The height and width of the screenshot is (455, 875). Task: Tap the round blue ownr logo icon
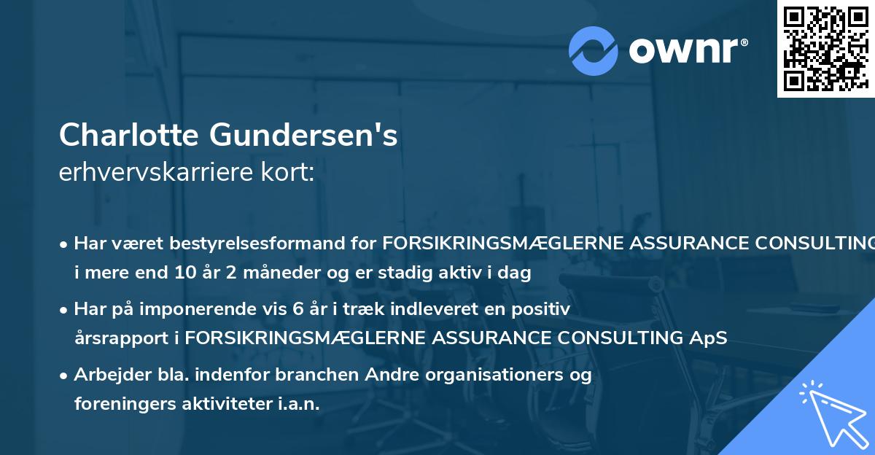593,51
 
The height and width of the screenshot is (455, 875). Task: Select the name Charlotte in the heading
129,135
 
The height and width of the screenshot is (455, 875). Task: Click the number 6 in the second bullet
297,308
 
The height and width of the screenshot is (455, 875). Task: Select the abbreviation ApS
709,338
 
